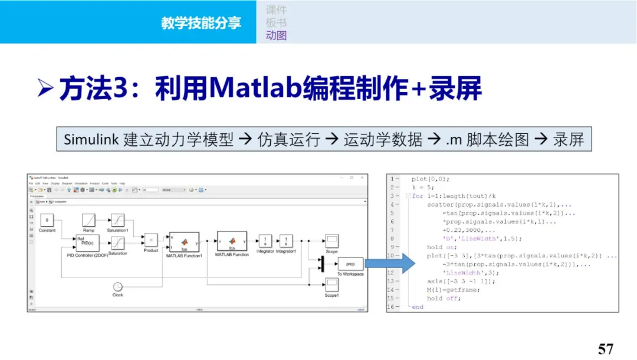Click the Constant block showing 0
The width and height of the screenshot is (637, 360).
point(47,221)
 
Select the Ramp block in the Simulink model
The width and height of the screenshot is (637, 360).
point(89,221)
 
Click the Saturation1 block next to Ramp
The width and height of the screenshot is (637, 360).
point(118,221)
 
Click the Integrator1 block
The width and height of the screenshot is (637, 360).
point(286,241)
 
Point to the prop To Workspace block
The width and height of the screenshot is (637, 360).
point(350,264)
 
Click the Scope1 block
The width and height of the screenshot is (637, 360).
point(331,285)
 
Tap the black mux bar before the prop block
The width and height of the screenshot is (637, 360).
point(322,264)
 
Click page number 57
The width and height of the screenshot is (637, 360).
point(606,348)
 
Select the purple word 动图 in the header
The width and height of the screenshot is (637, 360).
point(276,35)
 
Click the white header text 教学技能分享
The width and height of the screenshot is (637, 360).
point(201,22)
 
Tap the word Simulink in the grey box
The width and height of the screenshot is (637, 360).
point(91,140)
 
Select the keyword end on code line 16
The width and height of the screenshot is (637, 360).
point(418,307)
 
